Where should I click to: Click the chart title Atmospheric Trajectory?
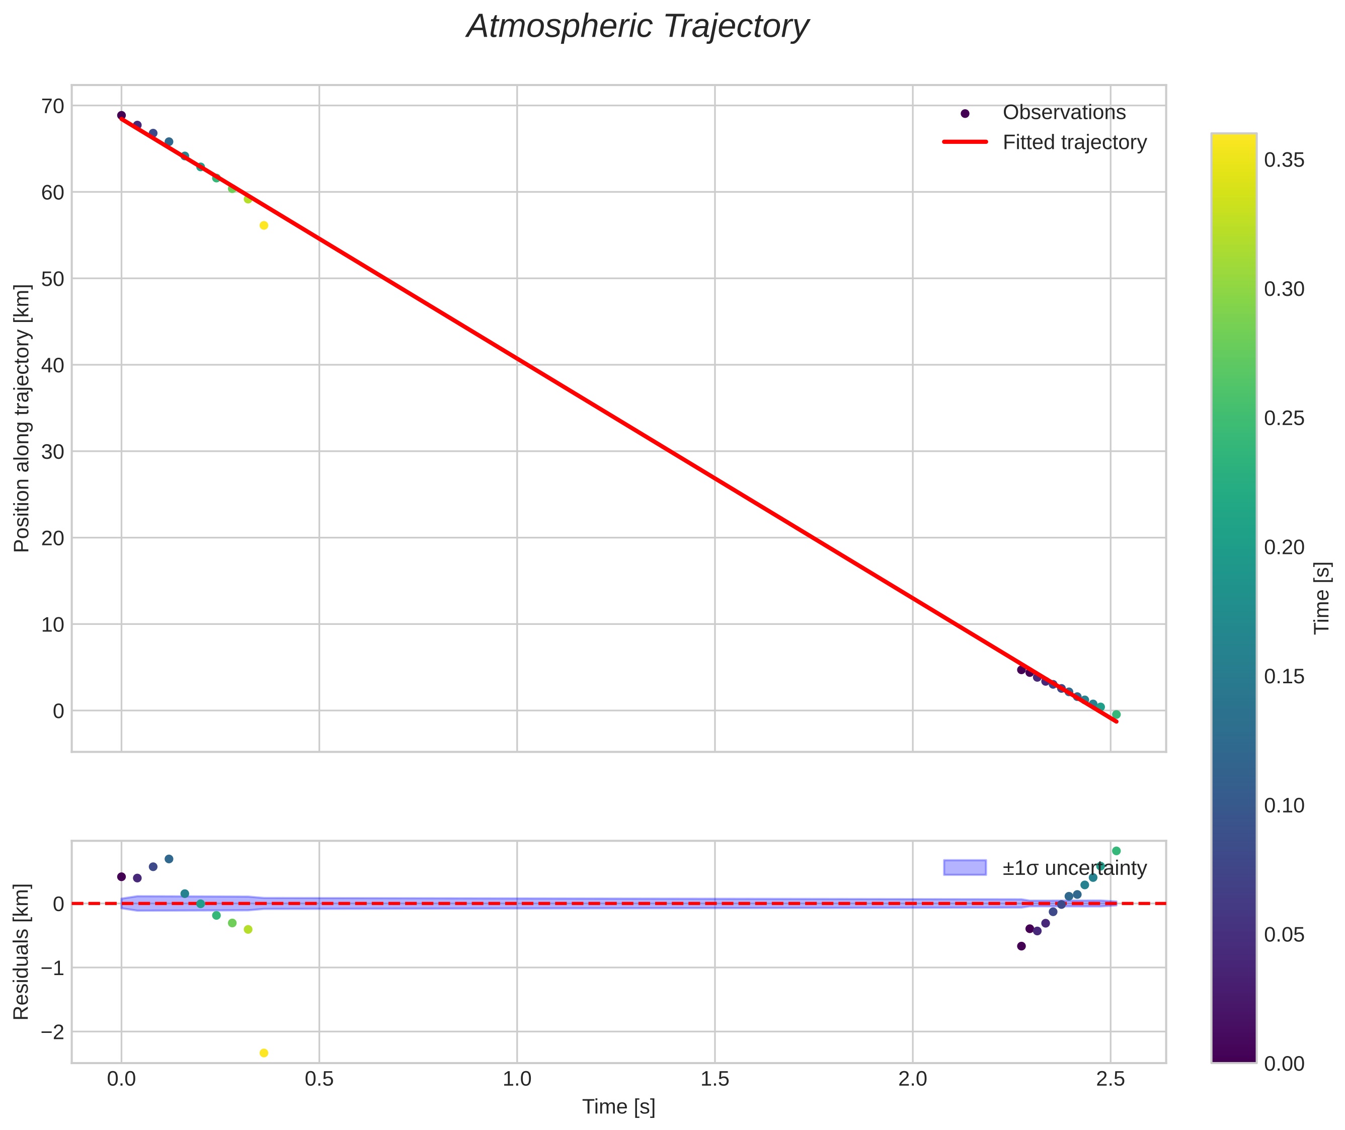pos(638,27)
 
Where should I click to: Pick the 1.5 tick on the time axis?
pos(715,1079)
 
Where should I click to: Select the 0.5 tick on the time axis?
pos(319,1079)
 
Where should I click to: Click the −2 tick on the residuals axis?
pos(49,1032)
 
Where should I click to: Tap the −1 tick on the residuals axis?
pos(49,968)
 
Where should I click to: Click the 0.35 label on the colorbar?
pos(1284,160)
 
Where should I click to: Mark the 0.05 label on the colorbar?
pos(1284,935)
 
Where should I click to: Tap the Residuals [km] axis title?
pos(22,952)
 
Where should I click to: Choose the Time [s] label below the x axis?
pos(618,1107)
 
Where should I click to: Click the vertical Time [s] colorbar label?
pos(1322,598)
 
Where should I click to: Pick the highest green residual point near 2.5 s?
pos(1116,851)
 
